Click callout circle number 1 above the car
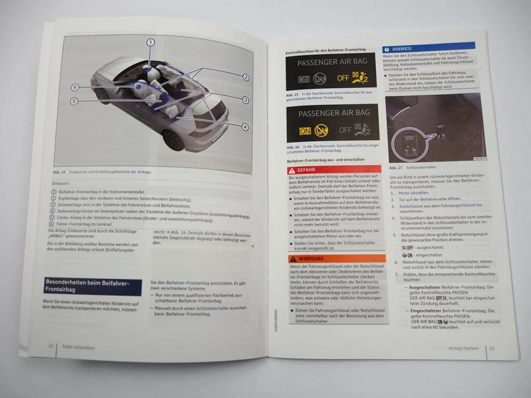pos(150,43)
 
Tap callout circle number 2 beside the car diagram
pos(246,77)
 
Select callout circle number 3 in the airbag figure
pos(246,100)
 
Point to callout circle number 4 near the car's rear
pos(245,127)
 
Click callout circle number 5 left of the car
pos(74,101)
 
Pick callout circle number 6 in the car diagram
pos(75,87)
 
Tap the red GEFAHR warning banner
pos(334,169)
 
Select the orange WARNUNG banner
pos(337,259)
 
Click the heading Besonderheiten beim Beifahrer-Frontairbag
pos(93,286)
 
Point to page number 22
pos(51,346)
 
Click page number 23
pos(492,348)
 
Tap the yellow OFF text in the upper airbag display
pos(343,77)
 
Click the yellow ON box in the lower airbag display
pos(305,131)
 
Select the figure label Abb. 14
pos(59,172)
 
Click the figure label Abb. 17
pos(395,168)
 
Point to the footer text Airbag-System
pos(463,348)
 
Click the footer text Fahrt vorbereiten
pos(79,347)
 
